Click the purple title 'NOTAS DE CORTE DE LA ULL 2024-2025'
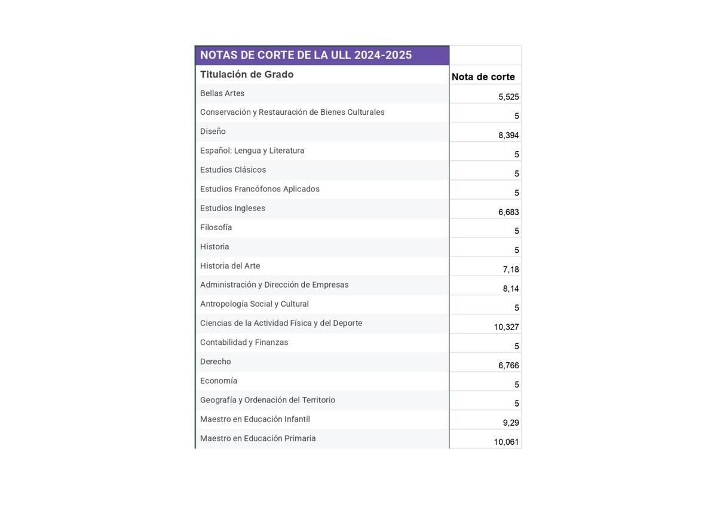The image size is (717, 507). [306, 55]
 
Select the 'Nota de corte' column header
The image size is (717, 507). [483, 77]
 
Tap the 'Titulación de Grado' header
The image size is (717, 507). [247, 74]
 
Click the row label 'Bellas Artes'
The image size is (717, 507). [222, 93]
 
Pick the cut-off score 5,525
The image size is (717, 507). [508, 97]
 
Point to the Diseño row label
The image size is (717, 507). [213, 132]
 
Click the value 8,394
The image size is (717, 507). [508, 135]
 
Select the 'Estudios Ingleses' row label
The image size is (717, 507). [232, 208]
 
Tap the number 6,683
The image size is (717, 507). [508, 212]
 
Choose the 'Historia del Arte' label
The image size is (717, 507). [230, 265]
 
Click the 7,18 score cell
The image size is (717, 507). [511, 269]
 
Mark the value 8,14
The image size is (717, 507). [511, 289]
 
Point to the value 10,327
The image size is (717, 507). [506, 327]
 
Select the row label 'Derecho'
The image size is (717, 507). [215, 362]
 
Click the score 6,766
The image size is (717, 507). [508, 365]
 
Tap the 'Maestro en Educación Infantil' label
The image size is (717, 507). [255, 419]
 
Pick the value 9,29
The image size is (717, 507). [511, 423]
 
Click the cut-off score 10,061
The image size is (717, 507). [506, 442]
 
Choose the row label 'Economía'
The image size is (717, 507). [219, 381]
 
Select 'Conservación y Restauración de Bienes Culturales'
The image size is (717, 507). [292, 112]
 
